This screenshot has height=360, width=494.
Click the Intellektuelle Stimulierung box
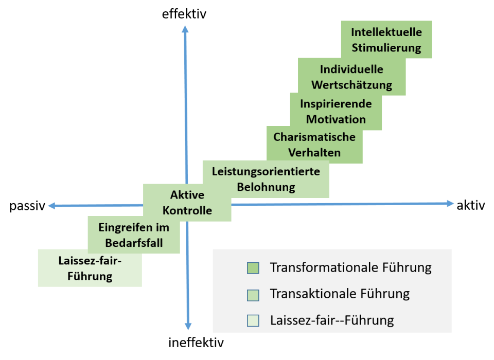coord(386,40)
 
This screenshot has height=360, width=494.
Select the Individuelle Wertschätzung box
coord(352,77)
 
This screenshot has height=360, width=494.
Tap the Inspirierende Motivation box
coord(336,111)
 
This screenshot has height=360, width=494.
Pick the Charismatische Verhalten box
coord(314,145)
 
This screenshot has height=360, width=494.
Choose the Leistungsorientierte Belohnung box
coord(266,179)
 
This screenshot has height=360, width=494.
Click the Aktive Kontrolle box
coord(187,203)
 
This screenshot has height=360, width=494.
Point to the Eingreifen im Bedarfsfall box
coord(134,235)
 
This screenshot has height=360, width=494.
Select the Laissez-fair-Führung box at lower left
coord(90,268)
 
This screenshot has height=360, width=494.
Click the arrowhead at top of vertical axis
coord(185,29)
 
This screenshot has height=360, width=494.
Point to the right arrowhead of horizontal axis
coord(450,204)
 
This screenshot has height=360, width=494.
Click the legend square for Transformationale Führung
coord(253,268)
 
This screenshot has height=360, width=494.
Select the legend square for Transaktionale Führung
coord(253,294)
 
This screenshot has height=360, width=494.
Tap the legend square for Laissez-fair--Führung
coord(253,320)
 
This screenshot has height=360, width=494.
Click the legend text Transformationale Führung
coord(350,268)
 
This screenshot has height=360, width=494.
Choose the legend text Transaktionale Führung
coord(340,294)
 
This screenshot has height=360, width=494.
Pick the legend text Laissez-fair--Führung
coord(332,320)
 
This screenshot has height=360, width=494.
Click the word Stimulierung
coord(386,48)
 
